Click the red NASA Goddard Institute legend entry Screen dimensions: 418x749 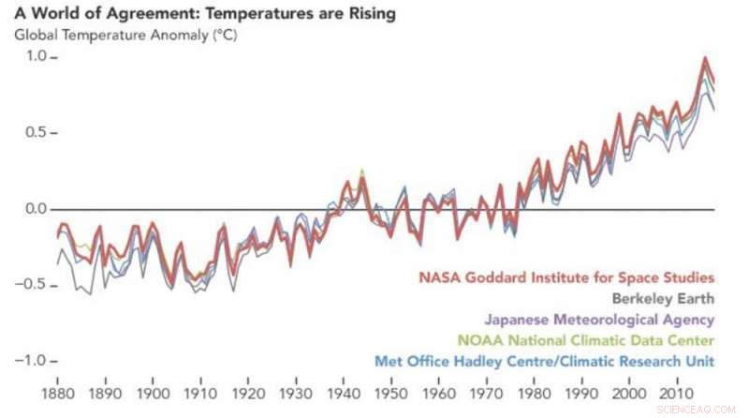tap(566, 277)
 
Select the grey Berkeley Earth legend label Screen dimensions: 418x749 tap(663, 299)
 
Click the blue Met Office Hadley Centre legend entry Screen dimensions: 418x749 tap(545, 361)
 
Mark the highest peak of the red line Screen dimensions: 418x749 tap(704, 58)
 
